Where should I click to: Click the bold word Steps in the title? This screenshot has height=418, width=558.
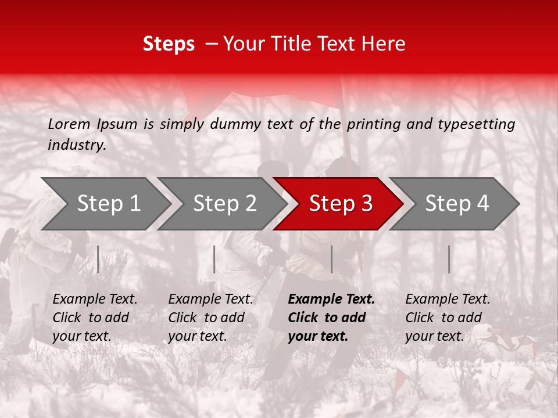(169, 44)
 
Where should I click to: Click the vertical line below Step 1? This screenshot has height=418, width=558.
(98, 259)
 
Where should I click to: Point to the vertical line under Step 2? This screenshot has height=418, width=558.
(214, 259)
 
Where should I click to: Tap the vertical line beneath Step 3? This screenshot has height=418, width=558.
(331, 259)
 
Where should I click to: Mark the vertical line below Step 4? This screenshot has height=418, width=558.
(449, 259)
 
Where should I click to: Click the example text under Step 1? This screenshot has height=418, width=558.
(95, 318)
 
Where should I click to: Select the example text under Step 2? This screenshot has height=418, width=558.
(210, 318)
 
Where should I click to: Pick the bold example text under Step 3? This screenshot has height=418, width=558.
(331, 318)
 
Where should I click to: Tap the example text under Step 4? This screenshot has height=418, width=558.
(448, 318)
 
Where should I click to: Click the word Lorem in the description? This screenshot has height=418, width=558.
(69, 124)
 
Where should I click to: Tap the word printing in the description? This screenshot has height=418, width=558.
(371, 124)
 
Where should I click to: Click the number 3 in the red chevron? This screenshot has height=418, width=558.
(366, 204)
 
